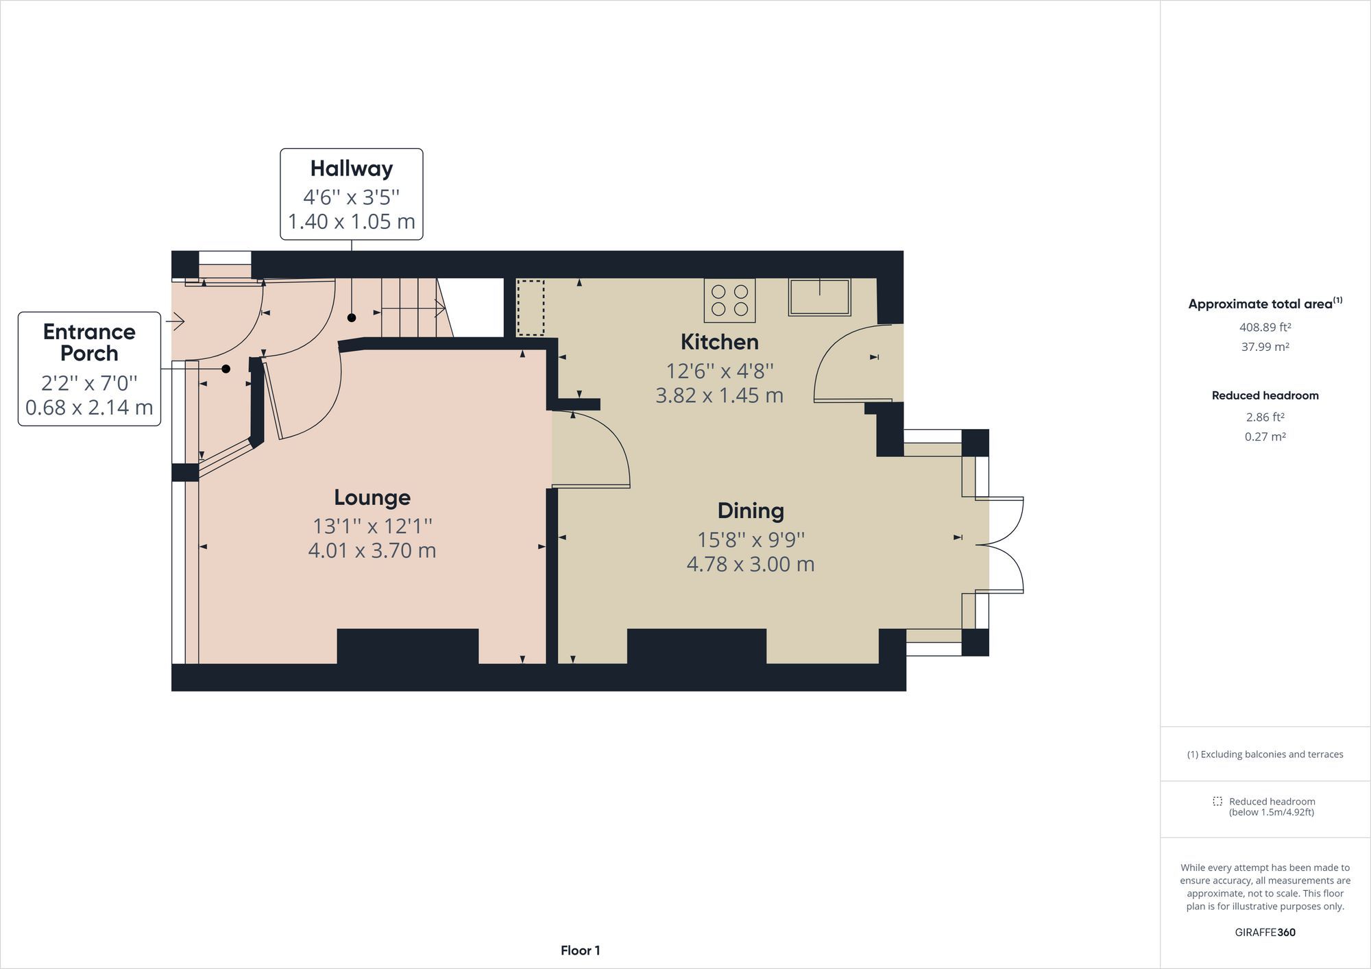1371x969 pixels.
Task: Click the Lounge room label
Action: coord(372,498)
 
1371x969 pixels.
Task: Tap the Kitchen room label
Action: coord(719,342)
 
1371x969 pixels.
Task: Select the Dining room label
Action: coord(751,511)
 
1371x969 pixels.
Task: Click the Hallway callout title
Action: coord(351,169)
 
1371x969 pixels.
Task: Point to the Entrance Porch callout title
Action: coord(89,343)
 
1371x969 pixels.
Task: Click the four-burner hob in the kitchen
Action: coord(729,300)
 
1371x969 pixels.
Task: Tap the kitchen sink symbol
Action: coord(819,297)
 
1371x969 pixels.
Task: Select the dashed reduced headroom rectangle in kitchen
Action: coord(530,307)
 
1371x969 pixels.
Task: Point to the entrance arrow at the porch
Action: coord(175,320)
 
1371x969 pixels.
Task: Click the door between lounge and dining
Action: coord(591,449)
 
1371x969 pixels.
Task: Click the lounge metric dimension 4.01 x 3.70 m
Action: coord(372,550)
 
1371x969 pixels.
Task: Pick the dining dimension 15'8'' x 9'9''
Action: coord(751,540)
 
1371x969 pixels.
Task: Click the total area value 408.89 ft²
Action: coord(1265,328)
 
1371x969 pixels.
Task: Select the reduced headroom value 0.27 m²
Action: coord(1265,437)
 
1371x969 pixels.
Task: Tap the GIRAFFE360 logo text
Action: coord(1265,932)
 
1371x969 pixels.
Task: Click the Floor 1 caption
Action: coord(580,950)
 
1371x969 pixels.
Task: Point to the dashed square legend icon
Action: coord(1217,801)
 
